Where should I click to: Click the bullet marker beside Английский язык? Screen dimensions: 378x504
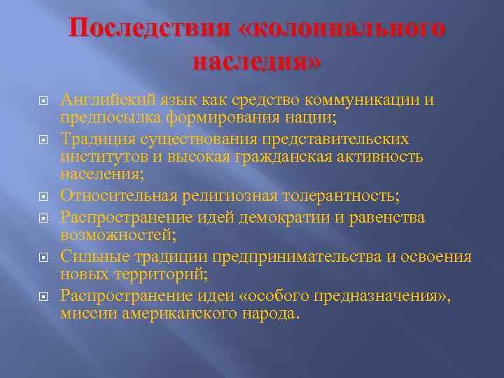pos(43,102)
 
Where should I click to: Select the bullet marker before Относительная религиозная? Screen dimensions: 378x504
pos(43,196)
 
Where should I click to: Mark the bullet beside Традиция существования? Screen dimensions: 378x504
pos(43,141)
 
